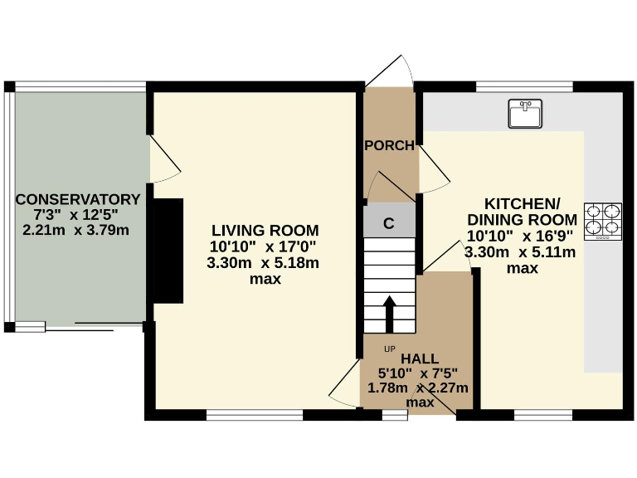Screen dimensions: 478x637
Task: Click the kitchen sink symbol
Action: point(525,114)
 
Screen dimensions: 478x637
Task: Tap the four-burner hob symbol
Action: point(603,222)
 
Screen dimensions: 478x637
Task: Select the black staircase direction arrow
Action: point(390,314)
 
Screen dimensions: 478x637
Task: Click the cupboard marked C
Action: point(388,222)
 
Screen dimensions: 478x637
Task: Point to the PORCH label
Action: point(389,146)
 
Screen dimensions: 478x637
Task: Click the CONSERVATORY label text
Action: point(78,199)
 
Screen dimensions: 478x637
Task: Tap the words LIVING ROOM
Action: point(265,230)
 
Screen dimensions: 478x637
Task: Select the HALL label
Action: point(419,358)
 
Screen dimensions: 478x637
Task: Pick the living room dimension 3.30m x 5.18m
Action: point(263,263)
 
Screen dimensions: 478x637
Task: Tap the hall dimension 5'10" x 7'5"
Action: point(418,373)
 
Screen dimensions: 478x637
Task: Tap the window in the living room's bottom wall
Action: point(255,414)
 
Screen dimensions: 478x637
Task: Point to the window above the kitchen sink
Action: point(524,86)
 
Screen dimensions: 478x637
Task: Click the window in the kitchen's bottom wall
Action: point(542,414)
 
